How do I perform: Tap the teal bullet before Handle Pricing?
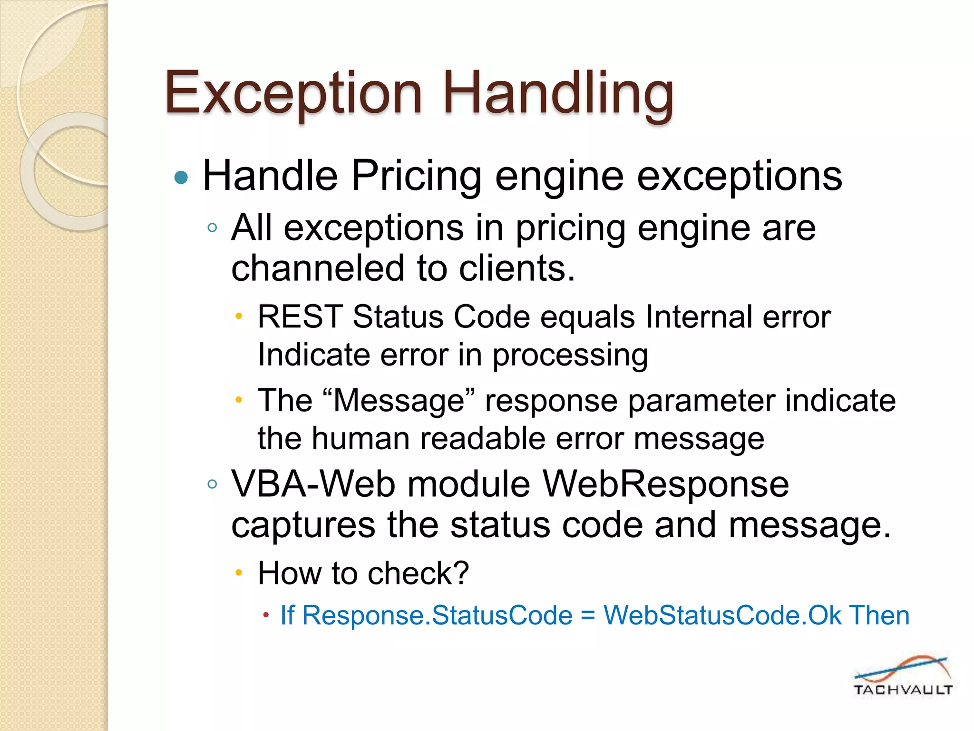coord(181,178)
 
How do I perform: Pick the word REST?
coord(300,317)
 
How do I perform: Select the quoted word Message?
coord(399,401)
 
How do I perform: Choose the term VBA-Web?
coord(313,484)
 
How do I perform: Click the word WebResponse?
coord(666,484)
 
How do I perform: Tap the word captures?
coord(303,525)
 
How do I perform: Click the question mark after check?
coord(460,573)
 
